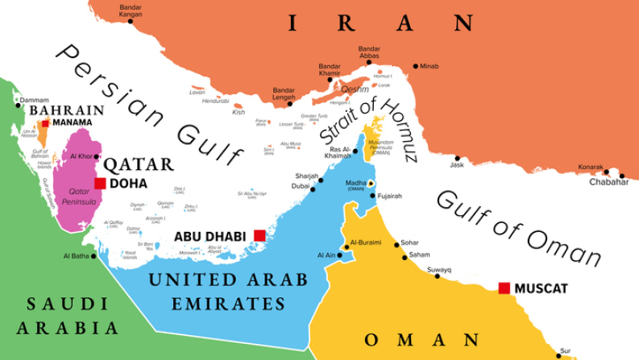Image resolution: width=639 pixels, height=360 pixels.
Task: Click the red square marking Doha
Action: [100, 184]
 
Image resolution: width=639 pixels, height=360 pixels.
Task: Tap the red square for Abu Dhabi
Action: [259, 235]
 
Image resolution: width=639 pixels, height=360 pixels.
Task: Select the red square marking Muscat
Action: [504, 288]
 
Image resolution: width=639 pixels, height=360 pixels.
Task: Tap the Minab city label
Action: [430, 66]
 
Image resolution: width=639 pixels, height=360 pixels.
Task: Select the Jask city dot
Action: [457, 158]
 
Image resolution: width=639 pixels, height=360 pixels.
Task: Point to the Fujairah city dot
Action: [371, 195]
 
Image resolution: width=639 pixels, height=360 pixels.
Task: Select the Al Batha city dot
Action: [94, 256]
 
